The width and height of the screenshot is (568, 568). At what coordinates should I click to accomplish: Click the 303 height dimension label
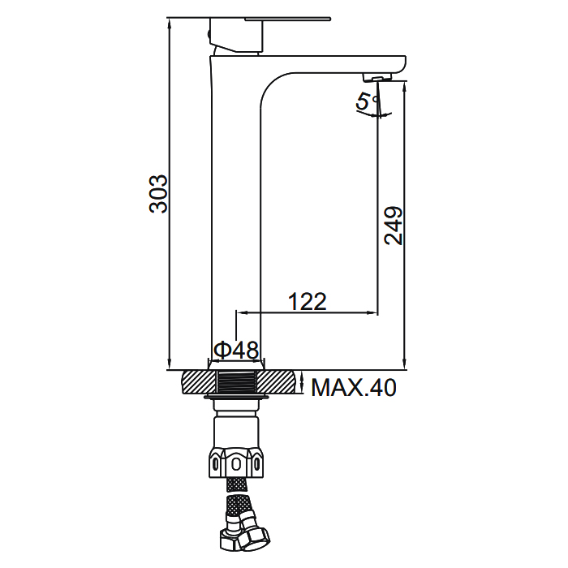pyautogui.click(x=159, y=194)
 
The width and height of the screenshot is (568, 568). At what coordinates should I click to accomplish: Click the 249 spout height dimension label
pyautogui.click(x=394, y=226)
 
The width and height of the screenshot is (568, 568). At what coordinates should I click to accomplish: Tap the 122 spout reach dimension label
pyautogui.click(x=308, y=302)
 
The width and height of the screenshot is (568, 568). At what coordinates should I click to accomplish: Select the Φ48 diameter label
pyautogui.click(x=236, y=350)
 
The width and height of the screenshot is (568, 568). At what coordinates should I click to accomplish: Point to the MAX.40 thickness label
pyautogui.click(x=354, y=388)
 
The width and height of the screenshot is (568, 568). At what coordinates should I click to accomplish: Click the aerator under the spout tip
pyautogui.click(x=377, y=77)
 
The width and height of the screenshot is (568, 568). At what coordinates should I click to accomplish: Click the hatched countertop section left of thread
pyautogui.click(x=199, y=382)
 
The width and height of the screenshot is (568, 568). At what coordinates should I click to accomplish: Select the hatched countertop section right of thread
pyautogui.click(x=279, y=382)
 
